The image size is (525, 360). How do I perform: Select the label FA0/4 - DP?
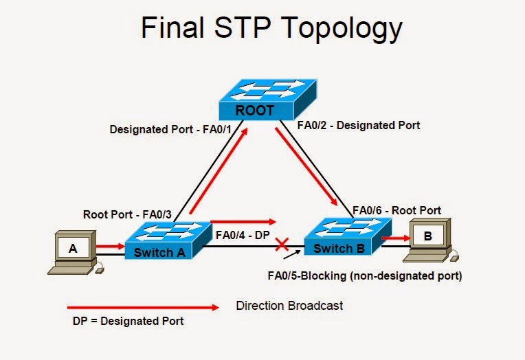tap(243, 235)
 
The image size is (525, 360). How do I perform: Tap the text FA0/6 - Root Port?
tap(396, 210)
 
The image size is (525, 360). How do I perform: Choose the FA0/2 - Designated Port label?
tap(358, 126)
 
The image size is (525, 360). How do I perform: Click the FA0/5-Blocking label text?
tap(364, 276)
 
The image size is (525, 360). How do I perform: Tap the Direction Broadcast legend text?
tap(289, 305)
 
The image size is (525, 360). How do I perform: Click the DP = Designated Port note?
tap(129, 321)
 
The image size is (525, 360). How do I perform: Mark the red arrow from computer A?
tap(110, 244)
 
